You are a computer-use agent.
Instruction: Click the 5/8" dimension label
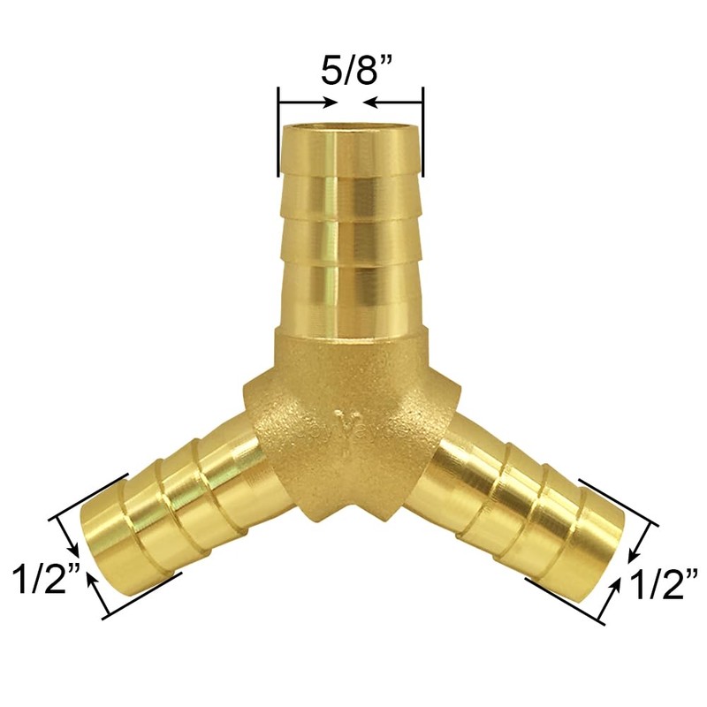click(x=351, y=71)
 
